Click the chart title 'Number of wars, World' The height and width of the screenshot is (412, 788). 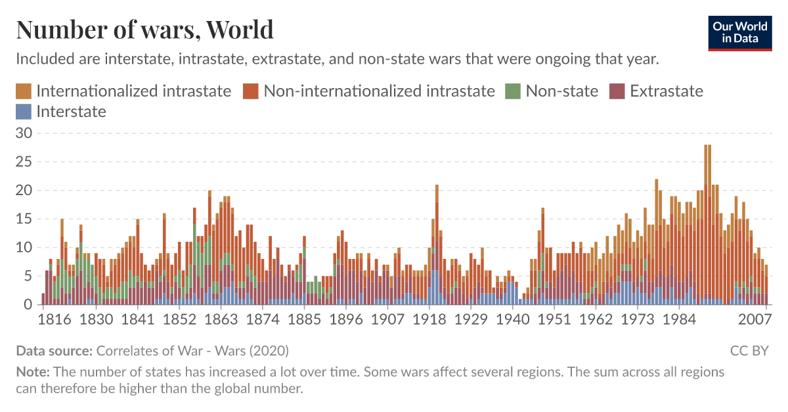pos(144,30)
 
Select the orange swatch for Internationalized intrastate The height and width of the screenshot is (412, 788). pos(24,91)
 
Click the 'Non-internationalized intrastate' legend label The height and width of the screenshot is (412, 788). pos(379,91)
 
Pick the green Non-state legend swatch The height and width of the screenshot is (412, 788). pos(512,91)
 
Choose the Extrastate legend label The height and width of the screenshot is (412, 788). pos(666,91)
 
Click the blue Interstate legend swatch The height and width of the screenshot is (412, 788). pos(24,112)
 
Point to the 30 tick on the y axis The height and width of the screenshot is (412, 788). pos(24,133)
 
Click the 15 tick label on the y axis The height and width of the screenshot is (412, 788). pos(24,219)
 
